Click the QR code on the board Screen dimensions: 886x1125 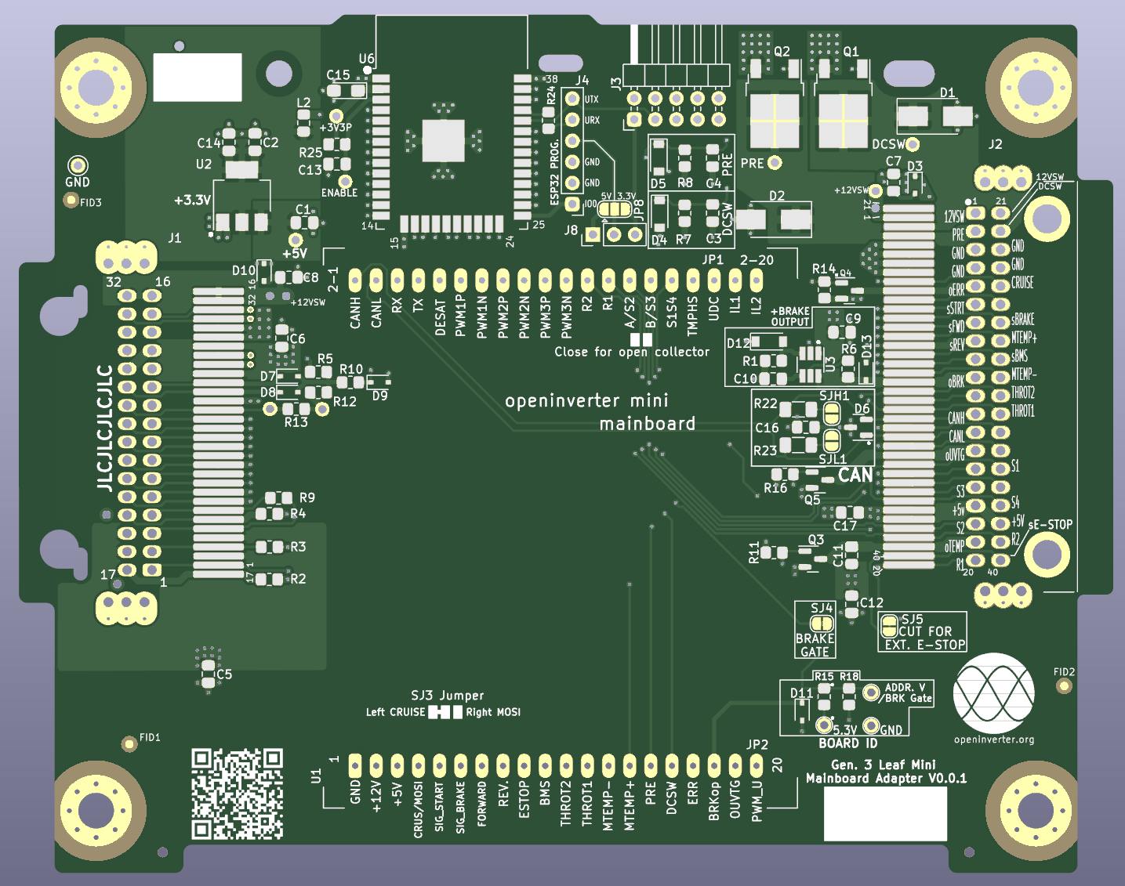coord(237,794)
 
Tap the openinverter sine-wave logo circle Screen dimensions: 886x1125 coord(993,693)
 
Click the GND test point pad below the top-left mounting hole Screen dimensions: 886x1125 coord(78,165)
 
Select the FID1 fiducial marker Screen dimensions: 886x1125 coord(129,743)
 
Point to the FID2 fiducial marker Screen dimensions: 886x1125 coord(1064,686)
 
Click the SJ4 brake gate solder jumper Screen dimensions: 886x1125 coord(822,624)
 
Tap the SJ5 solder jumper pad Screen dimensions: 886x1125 coord(889,626)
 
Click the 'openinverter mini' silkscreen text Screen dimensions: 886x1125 coord(586,401)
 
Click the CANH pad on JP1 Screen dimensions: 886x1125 coord(355,280)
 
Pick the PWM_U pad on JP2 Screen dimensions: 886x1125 coord(757,765)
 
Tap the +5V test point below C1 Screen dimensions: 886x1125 coord(296,240)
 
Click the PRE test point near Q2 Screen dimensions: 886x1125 coord(775,163)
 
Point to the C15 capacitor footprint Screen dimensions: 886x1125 coord(347,91)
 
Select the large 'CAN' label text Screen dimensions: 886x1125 coord(855,476)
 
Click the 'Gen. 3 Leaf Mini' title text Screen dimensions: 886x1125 coord(883,765)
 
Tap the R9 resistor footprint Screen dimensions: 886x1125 coord(274,498)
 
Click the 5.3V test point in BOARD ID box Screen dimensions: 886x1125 coord(824,725)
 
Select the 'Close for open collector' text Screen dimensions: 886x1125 coord(631,352)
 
